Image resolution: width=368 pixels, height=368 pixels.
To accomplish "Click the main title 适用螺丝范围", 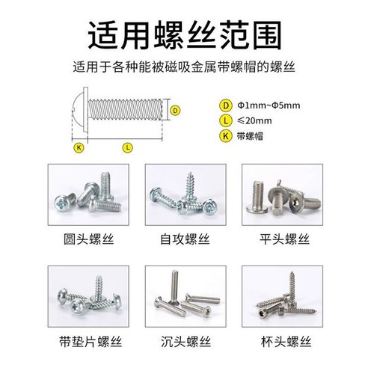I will click(x=183, y=34).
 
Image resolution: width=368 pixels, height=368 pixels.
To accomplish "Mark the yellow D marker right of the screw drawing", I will click(x=175, y=110).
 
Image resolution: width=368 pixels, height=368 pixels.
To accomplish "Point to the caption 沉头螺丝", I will click(x=183, y=342).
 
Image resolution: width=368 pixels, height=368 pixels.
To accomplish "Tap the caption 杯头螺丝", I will click(x=282, y=342).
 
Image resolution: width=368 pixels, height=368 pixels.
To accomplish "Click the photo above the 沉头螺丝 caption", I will click(x=183, y=300).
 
